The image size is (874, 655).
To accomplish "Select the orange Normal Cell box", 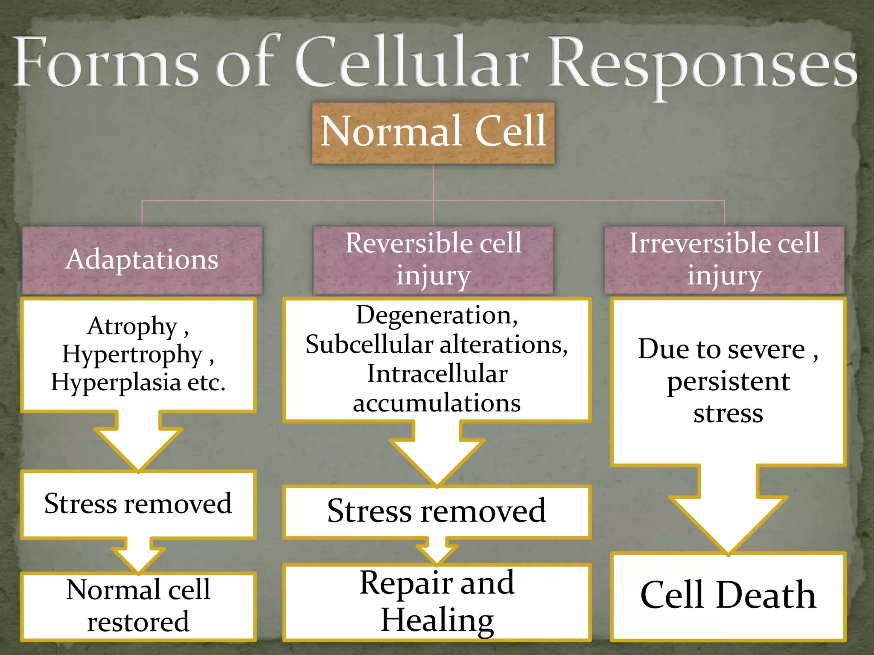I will pyautogui.click(x=433, y=133).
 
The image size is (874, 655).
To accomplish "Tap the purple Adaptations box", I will pyautogui.click(x=142, y=260).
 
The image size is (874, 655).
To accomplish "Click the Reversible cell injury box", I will pyautogui.click(x=433, y=260).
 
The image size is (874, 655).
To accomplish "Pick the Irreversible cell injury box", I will pyautogui.click(x=724, y=260).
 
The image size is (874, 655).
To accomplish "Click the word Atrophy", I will pyautogui.click(x=132, y=327).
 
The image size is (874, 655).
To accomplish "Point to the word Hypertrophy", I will pyautogui.click(x=132, y=355).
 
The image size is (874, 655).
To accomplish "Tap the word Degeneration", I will pyautogui.click(x=436, y=316).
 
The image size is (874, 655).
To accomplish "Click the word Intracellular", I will pyautogui.click(x=437, y=374).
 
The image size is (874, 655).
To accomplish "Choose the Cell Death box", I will pyautogui.click(x=728, y=596).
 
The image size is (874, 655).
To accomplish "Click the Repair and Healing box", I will pyautogui.click(x=437, y=602).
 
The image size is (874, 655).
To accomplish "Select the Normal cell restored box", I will pyautogui.click(x=138, y=606).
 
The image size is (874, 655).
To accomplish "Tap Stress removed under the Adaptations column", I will pyautogui.click(x=138, y=504).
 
